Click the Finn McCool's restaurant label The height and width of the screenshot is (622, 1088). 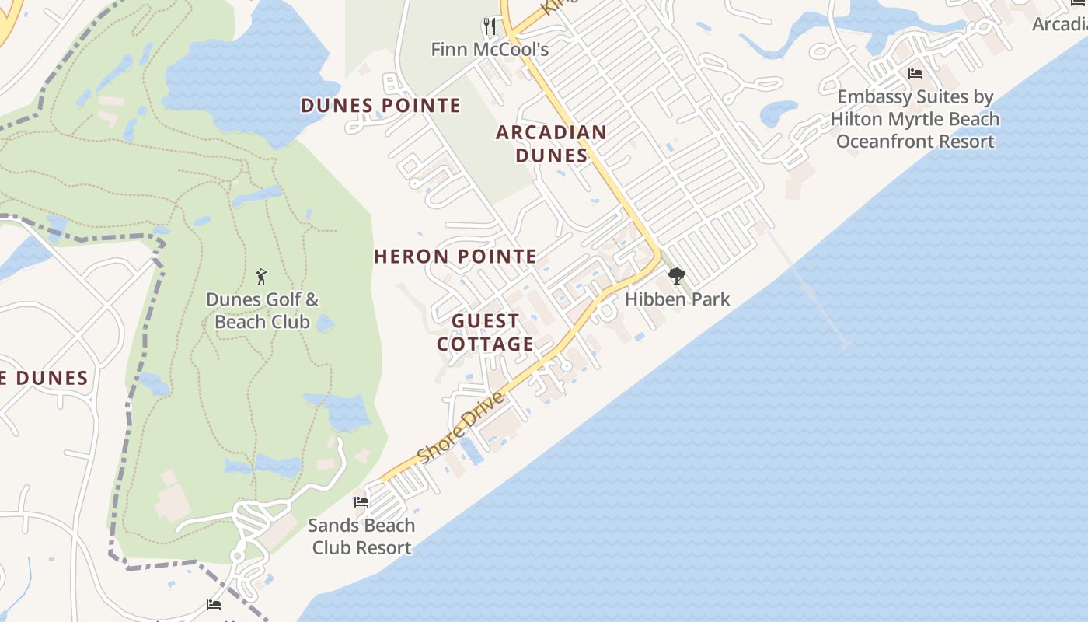click(x=490, y=50)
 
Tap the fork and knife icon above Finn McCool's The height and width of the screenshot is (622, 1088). click(x=489, y=27)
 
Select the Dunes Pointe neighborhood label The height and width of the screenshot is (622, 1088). click(x=381, y=105)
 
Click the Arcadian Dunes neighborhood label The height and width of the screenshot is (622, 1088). click(x=551, y=144)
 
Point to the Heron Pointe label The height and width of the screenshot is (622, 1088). click(x=455, y=257)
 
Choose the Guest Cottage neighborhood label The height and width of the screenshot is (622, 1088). click(x=486, y=332)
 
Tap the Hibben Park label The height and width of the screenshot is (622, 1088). click(x=677, y=299)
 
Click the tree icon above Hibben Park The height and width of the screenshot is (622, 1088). click(x=677, y=276)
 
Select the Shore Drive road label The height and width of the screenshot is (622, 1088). click(x=460, y=428)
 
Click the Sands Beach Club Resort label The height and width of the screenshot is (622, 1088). click(x=361, y=536)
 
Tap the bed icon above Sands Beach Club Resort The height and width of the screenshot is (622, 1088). click(x=361, y=502)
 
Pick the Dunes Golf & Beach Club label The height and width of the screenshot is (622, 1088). click(x=262, y=310)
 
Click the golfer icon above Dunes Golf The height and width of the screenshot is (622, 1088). click(x=261, y=276)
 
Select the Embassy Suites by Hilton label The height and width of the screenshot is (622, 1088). click(x=915, y=119)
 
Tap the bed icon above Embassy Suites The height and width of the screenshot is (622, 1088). click(x=915, y=74)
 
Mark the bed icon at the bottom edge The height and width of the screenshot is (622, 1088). click(x=214, y=605)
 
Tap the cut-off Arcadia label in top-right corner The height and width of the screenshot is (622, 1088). click(x=1060, y=24)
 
